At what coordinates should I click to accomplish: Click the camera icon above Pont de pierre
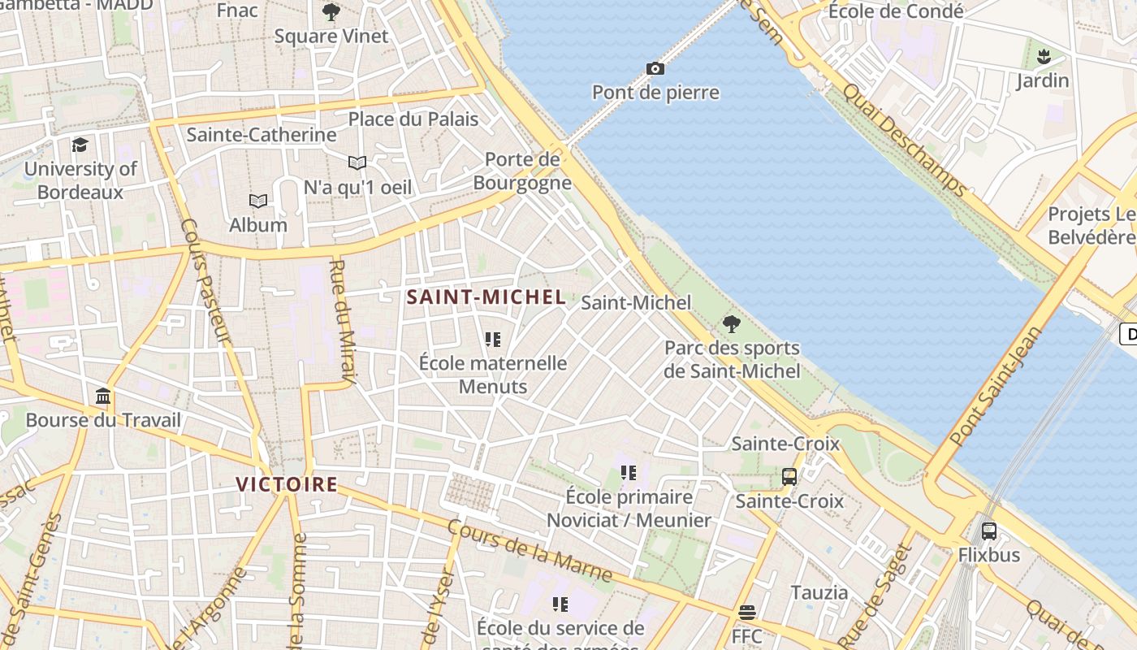click(655, 68)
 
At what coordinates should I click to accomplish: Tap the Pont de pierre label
click(655, 93)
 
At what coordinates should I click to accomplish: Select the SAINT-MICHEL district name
click(486, 297)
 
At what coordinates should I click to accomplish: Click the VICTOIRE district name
click(287, 484)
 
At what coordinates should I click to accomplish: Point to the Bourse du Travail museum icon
click(103, 396)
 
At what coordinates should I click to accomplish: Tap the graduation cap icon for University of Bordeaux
click(80, 145)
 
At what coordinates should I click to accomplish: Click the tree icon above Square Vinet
click(331, 12)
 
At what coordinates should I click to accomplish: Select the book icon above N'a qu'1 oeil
click(357, 162)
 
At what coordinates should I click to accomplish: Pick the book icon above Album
click(258, 201)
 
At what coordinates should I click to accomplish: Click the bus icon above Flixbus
click(988, 531)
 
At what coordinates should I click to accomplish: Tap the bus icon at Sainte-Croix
click(789, 477)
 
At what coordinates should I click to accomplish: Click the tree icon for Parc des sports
click(731, 324)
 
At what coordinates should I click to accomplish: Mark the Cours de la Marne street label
click(530, 551)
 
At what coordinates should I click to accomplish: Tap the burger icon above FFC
click(747, 612)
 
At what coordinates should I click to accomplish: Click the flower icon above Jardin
click(1043, 57)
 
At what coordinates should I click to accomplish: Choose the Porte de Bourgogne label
click(522, 171)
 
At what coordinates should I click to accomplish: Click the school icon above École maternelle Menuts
click(492, 339)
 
